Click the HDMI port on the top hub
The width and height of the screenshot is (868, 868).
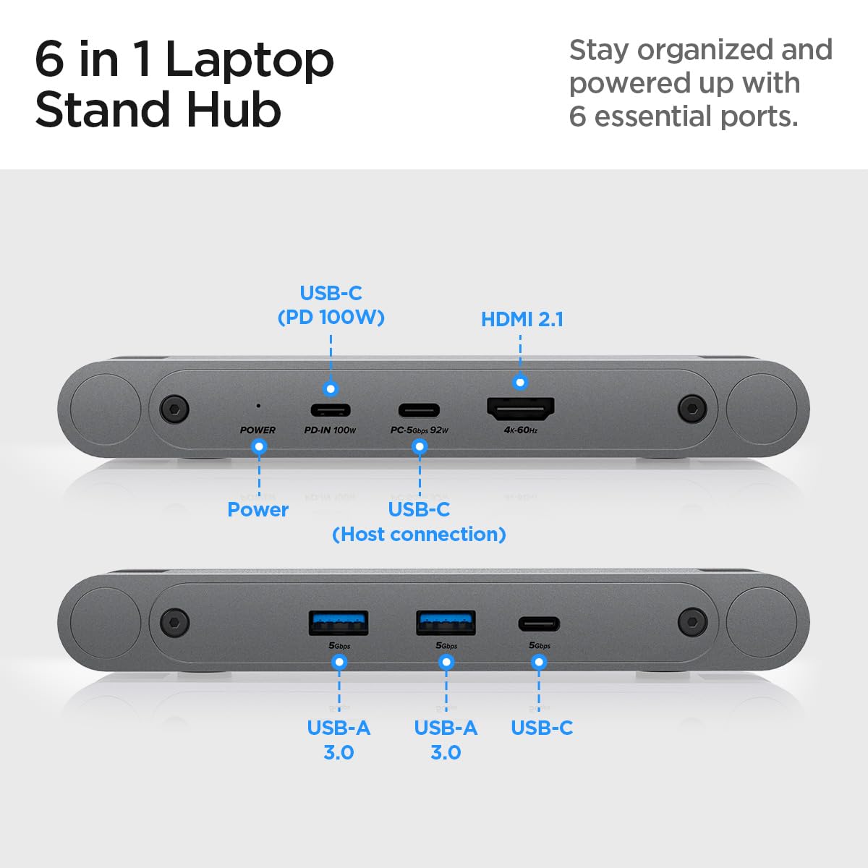[521, 409]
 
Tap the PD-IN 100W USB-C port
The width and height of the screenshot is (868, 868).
[331, 410]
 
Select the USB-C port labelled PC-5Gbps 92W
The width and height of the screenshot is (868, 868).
[420, 410]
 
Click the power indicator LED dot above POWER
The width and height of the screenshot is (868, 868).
[258, 406]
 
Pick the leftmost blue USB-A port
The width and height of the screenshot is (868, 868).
[339, 623]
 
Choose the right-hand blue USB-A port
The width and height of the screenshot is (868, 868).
[446, 623]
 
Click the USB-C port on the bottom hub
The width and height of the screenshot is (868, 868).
[538, 624]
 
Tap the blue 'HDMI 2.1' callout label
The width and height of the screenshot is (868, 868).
[522, 319]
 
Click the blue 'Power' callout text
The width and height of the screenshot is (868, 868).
[258, 509]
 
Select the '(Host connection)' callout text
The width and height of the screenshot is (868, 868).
[419, 534]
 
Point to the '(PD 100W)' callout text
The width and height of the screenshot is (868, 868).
[331, 317]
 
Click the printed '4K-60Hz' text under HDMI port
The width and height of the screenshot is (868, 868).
[521, 430]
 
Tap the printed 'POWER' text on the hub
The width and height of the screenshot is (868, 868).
[258, 430]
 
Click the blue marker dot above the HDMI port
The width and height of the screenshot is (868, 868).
[520, 382]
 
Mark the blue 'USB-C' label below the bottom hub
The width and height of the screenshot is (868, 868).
[541, 728]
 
